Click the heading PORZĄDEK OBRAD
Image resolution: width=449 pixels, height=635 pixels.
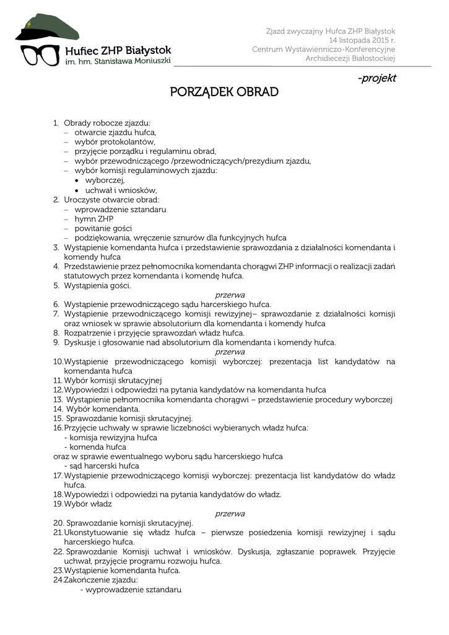[x=224, y=92]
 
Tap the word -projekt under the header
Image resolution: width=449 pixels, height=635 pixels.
[x=376, y=78]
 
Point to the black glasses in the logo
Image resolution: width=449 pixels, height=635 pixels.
[x=41, y=55]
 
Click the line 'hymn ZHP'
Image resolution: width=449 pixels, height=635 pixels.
[x=94, y=219]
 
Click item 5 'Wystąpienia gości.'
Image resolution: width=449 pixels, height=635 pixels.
[x=97, y=286]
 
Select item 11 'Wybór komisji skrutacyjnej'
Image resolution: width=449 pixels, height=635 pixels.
[x=113, y=380]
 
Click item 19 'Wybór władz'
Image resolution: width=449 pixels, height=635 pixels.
[x=87, y=504]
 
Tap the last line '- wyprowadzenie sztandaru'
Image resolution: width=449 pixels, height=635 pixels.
[x=131, y=590]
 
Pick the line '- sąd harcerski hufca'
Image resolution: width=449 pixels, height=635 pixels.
[x=101, y=466]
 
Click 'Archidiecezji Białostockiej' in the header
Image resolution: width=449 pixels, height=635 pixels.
[x=350, y=58]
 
